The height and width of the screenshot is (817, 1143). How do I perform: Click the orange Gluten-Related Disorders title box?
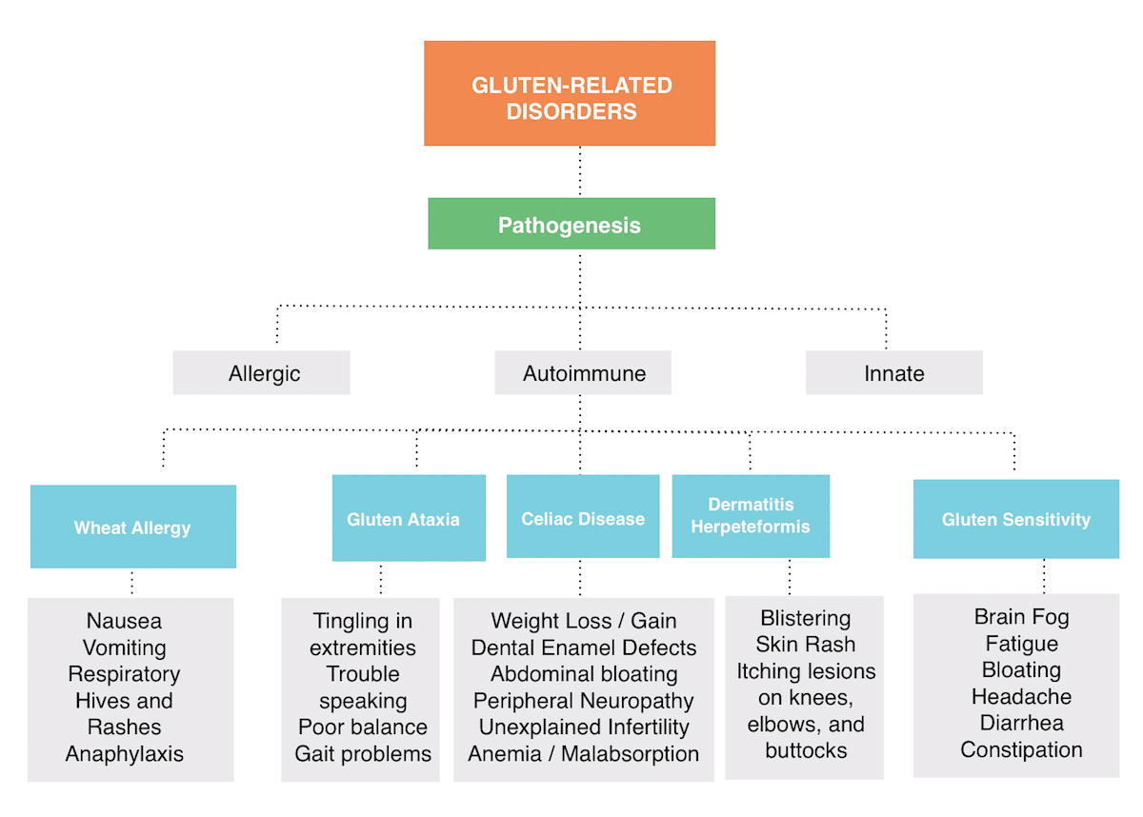tap(570, 93)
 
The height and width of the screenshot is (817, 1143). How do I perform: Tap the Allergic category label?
tap(261, 372)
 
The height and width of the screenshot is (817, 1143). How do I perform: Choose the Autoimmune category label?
tap(583, 372)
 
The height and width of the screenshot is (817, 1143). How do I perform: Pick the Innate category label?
tap(893, 372)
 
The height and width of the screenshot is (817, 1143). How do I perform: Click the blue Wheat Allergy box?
tap(133, 527)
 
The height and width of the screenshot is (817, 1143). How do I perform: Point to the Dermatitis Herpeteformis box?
tap(751, 516)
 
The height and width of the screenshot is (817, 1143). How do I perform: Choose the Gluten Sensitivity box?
tap(1015, 519)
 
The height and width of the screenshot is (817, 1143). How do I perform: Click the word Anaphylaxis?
tap(125, 754)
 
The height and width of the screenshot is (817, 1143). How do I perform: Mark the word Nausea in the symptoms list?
tap(125, 621)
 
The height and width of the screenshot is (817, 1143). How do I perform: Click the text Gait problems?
tap(363, 754)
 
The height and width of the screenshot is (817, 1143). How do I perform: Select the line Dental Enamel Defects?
tap(584, 648)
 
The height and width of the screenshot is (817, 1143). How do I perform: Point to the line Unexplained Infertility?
tap(584, 727)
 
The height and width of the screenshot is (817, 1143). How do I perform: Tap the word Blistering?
tap(806, 618)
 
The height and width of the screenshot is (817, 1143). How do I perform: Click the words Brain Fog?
tap(1021, 616)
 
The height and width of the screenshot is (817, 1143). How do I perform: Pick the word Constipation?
tap(1021, 749)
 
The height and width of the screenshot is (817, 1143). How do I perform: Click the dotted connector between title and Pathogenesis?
tap(580, 171)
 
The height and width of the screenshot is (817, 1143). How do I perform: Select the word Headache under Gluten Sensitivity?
tap(1021, 696)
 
